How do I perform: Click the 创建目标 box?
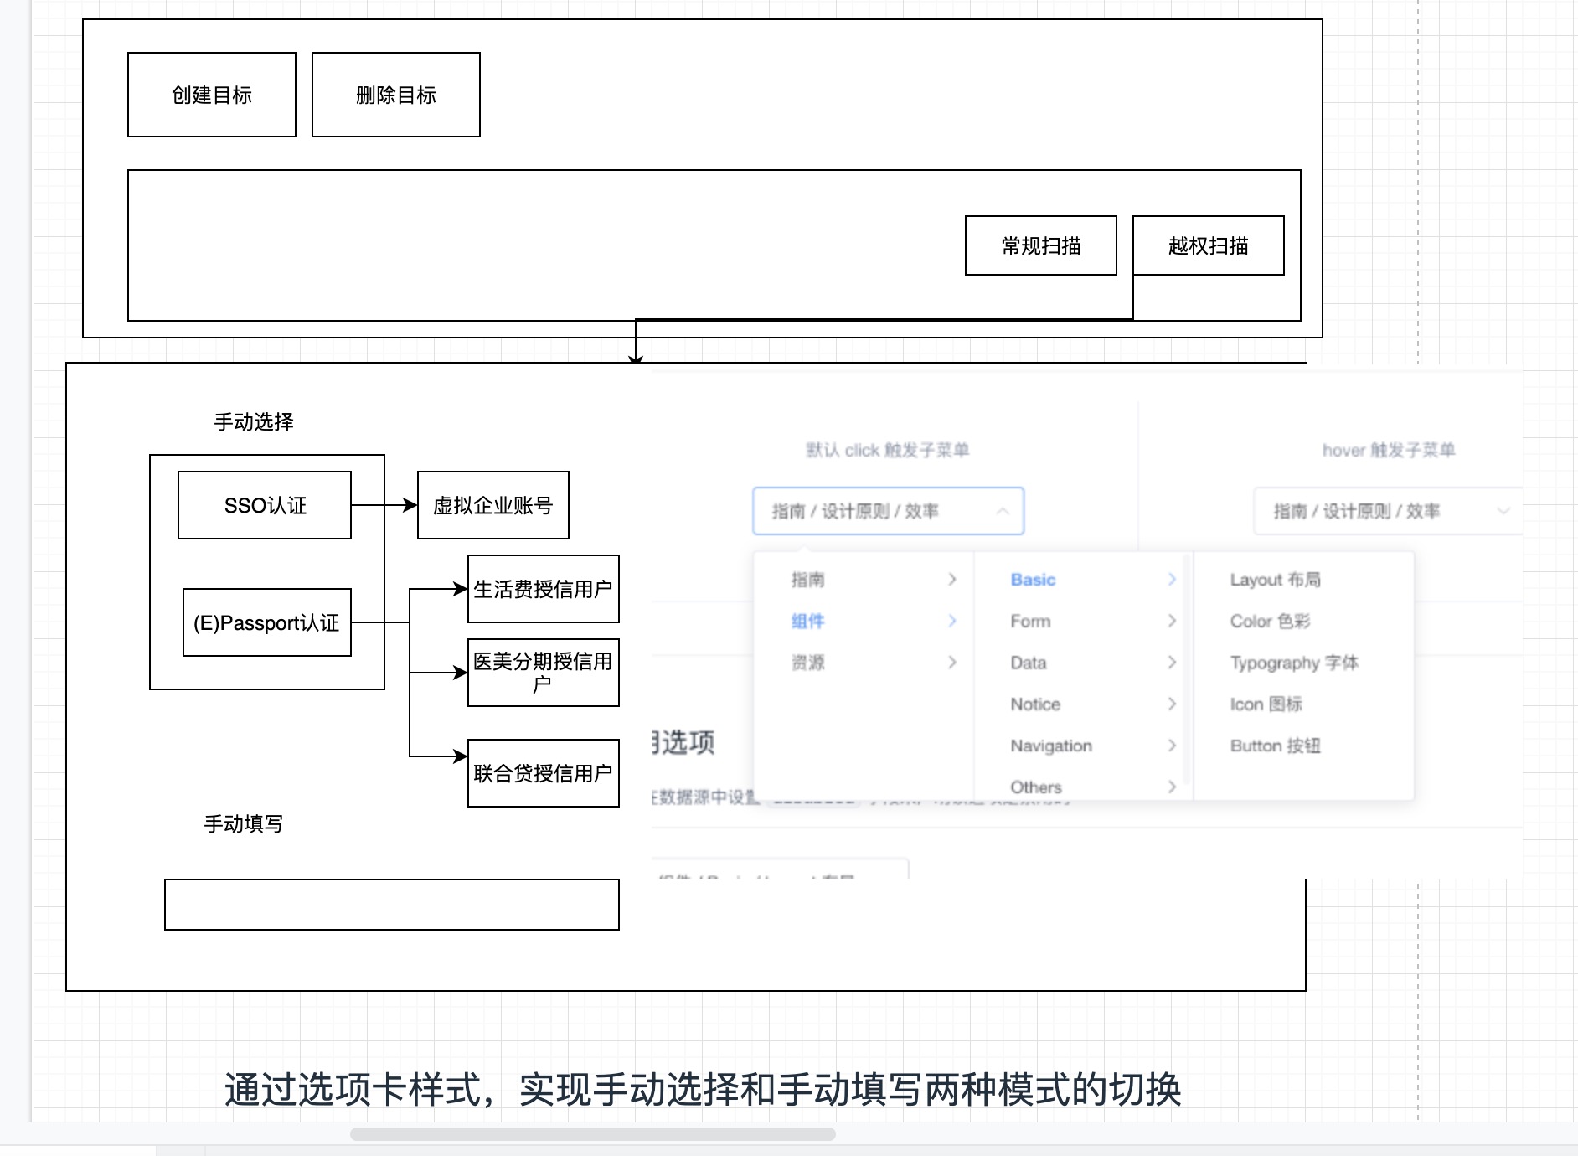point(211,95)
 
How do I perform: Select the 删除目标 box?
point(395,95)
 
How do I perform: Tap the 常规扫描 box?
point(1040,245)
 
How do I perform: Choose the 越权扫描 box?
point(1208,245)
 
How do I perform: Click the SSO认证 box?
point(265,505)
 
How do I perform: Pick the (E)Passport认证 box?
point(266,622)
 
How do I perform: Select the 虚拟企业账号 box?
point(492,505)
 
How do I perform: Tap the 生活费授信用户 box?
point(543,589)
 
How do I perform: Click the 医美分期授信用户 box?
point(543,673)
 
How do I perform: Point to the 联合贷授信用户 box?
point(543,773)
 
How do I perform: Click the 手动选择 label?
point(253,421)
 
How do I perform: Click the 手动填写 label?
point(243,823)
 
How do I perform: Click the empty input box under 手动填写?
point(391,905)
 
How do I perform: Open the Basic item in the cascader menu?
point(1033,580)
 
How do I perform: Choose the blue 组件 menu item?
point(807,621)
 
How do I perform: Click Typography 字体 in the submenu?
point(1293,663)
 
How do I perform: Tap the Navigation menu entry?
point(1050,746)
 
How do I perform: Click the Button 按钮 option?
point(1274,746)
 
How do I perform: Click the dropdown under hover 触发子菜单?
point(1386,511)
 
